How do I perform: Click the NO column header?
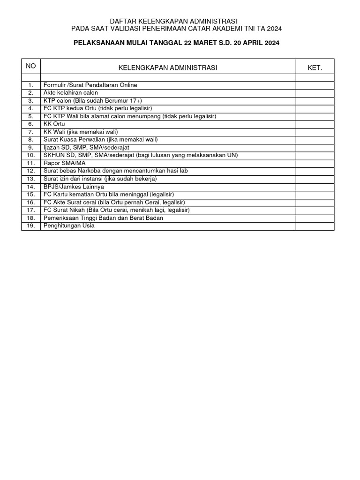[x=31, y=66]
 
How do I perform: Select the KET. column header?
[x=315, y=68]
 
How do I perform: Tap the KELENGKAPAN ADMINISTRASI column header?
[x=168, y=68]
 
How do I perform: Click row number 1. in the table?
[x=31, y=85]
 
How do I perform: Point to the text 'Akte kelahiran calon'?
[x=71, y=93]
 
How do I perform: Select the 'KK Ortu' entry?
[x=54, y=124]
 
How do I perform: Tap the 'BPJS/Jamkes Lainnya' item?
[x=74, y=187]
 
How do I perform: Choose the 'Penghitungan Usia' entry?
[x=69, y=226]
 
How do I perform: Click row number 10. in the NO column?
[x=31, y=155]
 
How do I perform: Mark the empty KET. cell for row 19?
[x=315, y=226]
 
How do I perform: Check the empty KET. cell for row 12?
[x=315, y=171]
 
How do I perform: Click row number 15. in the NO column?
[x=31, y=195]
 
